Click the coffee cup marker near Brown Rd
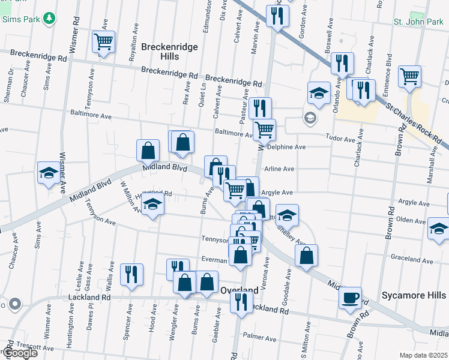(x=350, y=298)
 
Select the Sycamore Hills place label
(x=414, y=295)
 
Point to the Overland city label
(x=239, y=290)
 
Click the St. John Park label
(x=418, y=22)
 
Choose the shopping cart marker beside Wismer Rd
(x=103, y=42)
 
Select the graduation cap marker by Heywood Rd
(x=152, y=206)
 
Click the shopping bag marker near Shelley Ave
(x=306, y=255)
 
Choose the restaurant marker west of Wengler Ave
(x=131, y=274)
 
